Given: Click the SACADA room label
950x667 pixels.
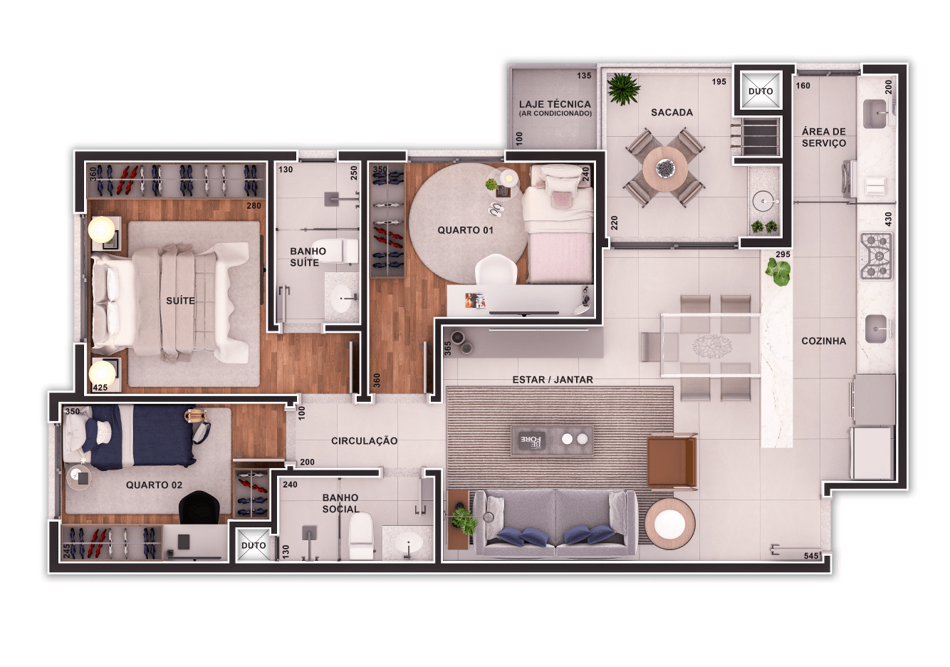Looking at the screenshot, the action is [672, 113].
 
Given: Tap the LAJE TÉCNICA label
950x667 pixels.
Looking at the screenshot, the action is [555, 104].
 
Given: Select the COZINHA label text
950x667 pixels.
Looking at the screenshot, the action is [824, 341].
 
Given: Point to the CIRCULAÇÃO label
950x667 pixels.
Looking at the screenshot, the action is [365, 441].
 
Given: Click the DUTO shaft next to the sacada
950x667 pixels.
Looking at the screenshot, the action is [761, 91].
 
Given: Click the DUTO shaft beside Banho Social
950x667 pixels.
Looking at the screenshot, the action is [254, 545].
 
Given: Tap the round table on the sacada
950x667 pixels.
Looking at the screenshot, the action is [665, 169].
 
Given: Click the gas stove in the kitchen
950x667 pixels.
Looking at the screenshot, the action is [877, 256].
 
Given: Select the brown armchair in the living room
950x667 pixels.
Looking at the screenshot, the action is [672, 461].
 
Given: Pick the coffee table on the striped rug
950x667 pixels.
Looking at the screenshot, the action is [552, 440].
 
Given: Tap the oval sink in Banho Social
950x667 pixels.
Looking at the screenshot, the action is [409, 543].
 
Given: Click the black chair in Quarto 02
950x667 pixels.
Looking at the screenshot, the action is [199, 507].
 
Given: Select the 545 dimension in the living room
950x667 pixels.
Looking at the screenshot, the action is [811, 555].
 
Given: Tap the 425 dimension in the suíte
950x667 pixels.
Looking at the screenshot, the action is [100, 388].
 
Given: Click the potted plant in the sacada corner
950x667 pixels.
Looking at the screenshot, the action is [623, 89].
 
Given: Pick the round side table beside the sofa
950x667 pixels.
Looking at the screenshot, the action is [669, 523].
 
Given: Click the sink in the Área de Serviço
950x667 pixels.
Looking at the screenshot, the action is [875, 114].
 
